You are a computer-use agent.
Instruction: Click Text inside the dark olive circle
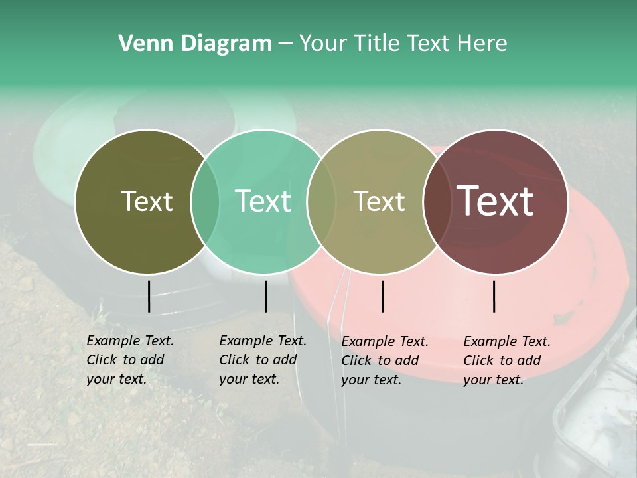pos(147,201)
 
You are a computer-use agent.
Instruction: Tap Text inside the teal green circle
pos(263,201)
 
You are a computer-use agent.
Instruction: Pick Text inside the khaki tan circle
pos(379,201)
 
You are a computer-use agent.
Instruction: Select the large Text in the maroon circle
pos(495,201)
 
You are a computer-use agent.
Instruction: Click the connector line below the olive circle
pos(149,296)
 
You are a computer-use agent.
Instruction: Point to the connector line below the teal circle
pos(265,296)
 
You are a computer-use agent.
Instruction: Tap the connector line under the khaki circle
pos(382,296)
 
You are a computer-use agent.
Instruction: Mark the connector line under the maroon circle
pos(494,296)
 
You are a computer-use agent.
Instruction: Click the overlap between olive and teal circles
pos(205,202)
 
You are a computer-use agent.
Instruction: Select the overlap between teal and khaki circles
pos(321,202)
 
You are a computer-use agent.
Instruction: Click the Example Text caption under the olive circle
pos(130,360)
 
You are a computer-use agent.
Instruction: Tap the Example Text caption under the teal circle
pos(263,360)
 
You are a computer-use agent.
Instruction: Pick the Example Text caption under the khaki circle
pos(385,360)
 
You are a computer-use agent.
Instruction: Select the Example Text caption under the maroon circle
pos(507,360)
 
